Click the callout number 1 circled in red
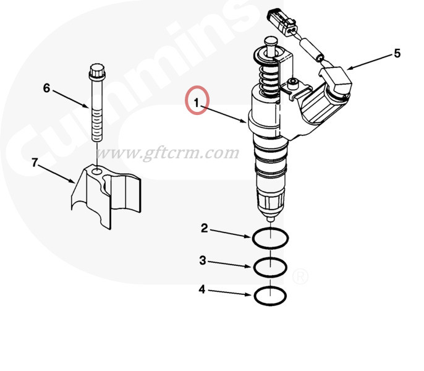(197, 103)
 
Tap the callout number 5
(397, 53)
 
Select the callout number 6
(47, 88)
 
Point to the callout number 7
(35, 163)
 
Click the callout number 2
(205, 228)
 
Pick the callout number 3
(203, 260)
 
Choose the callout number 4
(202, 289)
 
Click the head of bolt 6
(97, 72)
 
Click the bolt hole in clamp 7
(96, 171)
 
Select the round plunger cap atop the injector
(271, 41)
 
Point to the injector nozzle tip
(271, 218)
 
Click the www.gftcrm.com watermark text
(167, 153)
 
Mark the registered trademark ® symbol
(300, 276)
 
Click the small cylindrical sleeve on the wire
(311, 50)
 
